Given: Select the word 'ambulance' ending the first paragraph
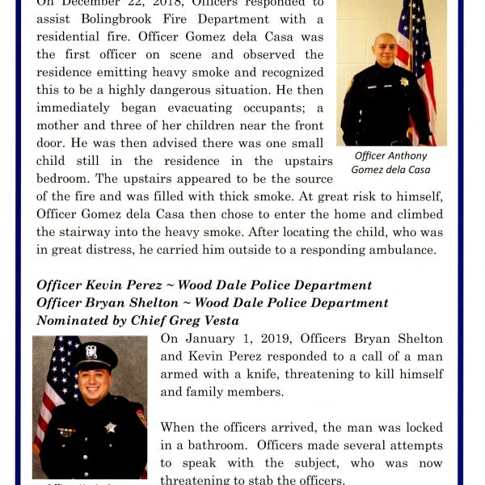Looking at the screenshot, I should click(399, 250).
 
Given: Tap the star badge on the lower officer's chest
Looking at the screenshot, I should click(111, 427).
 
